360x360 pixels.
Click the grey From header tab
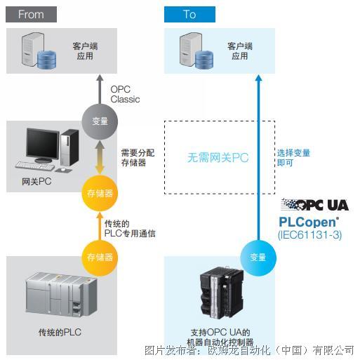click(x=31, y=15)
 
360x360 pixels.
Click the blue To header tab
click(x=189, y=15)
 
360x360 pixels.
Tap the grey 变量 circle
click(x=100, y=121)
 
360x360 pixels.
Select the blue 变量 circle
click(x=258, y=258)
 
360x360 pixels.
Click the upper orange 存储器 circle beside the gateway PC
click(x=100, y=193)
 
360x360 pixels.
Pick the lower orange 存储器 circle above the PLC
click(x=100, y=258)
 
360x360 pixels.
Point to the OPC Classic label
click(x=125, y=94)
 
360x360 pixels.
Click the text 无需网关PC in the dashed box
click(x=218, y=157)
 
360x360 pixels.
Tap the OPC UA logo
click(x=315, y=205)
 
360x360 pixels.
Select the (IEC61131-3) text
click(x=310, y=235)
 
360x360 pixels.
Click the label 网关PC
click(x=36, y=182)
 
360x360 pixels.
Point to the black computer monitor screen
click(x=42, y=144)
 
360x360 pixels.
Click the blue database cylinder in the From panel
click(x=47, y=59)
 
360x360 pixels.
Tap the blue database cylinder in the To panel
click(x=204, y=60)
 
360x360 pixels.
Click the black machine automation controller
click(x=222, y=293)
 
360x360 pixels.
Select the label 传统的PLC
click(x=60, y=332)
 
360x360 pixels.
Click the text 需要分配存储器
click(x=138, y=158)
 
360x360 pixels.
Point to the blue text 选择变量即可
click(x=294, y=158)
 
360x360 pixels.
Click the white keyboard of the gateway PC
click(x=35, y=166)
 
